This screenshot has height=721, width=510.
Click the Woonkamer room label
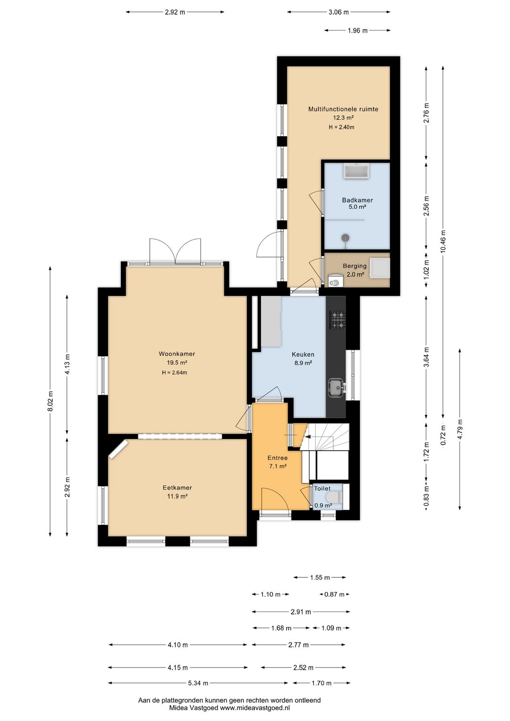[x=177, y=354]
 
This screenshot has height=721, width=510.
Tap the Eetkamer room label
[x=177, y=488]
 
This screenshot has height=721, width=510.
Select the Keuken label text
[x=303, y=354]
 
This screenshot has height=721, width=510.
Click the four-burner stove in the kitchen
[x=337, y=320]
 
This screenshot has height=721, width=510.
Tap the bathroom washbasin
[x=357, y=171]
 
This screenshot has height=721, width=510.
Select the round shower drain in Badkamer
[x=345, y=238]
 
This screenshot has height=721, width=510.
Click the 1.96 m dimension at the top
[x=357, y=31]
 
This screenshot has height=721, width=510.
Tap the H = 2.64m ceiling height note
[x=175, y=373]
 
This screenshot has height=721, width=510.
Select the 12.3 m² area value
[x=343, y=118]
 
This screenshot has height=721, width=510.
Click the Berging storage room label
[x=354, y=266]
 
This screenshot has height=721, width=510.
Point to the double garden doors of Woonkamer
[x=175, y=251]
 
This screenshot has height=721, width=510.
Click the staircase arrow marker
[x=306, y=437]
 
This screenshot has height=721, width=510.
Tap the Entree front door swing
[x=275, y=498]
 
